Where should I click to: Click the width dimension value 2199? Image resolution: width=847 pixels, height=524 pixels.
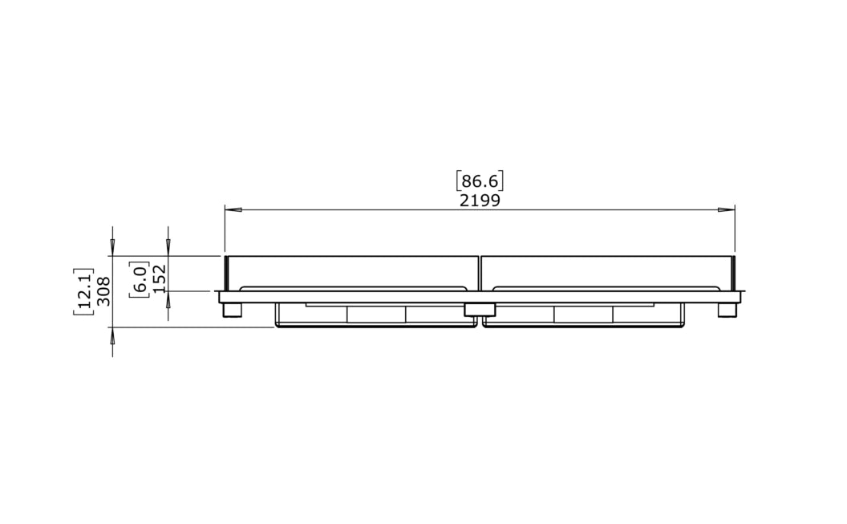480,201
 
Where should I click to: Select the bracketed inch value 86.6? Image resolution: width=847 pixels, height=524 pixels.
480,181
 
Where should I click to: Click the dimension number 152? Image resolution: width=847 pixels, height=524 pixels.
159,278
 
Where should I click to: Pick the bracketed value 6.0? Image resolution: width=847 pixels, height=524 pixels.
140,278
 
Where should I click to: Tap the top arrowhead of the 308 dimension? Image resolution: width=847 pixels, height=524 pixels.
112,247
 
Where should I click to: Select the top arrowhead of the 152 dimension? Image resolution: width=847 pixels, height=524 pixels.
168,247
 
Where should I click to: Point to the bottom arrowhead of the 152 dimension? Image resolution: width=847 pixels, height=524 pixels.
168,300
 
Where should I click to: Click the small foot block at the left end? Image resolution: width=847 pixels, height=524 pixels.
233,310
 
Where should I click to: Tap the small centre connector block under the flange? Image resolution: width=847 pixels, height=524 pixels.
480,310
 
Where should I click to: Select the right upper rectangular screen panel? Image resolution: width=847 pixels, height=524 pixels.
606,270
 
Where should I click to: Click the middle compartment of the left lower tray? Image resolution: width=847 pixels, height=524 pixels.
376,315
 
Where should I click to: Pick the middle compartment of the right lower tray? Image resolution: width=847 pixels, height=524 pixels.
583,315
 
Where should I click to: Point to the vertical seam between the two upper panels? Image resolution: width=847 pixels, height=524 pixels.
480,273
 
